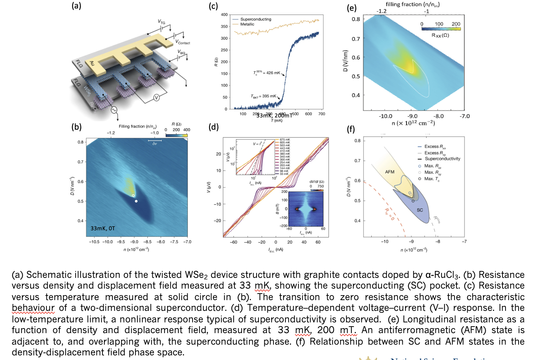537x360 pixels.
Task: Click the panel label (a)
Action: pyautogui.click(x=76, y=6)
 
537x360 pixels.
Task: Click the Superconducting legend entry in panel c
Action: pyautogui.click(x=255, y=19)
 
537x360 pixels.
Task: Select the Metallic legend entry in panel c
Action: pyautogui.click(x=247, y=24)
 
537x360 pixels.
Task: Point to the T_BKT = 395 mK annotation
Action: pyautogui.click(x=264, y=96)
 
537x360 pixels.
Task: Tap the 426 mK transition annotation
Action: pyautogui.click(x=267, y=73)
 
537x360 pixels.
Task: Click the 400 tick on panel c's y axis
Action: pyautogui.click(x=224, y=15)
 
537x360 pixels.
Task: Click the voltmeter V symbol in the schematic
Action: pyautogui.click(x=156, y=97)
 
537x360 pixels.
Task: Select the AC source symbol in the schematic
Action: pyautogui.click(x=114, y=110)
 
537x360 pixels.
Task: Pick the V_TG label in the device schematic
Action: pyautogui.click(x=161, y=22)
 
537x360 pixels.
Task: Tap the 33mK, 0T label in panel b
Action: pyautogui.click(x=103, y=228)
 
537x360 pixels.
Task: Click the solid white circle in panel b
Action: pyautogui.click(x=136, y=201)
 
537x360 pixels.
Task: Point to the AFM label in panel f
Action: pyautogui.click(x=390, y=172)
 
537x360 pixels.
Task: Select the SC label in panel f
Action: pyautogui.click(x=420, y=210)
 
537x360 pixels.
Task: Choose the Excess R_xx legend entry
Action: pyautogui.click(x=435, y=147)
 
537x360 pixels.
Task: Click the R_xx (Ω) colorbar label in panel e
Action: pyautogui.click(x=440, y=35)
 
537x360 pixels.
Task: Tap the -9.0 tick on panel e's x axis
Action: pyautogui.click(x=412, y=116)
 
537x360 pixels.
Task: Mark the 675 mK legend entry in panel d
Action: pyautogui.click(x=285, y=140)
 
